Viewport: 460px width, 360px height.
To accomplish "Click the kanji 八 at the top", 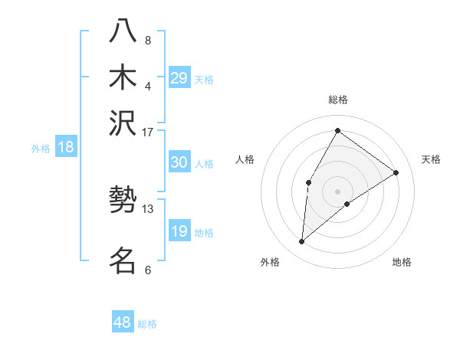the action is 123,31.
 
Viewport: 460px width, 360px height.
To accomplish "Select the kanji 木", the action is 123,77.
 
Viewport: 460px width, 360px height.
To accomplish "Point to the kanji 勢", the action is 123,201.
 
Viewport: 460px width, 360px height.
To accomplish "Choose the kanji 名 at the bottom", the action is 123,260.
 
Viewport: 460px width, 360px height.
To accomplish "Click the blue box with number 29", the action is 179,78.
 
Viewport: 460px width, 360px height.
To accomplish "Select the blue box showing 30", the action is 179,162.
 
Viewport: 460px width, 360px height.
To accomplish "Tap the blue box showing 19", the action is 179,231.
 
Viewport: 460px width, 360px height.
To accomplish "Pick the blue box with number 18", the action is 66,148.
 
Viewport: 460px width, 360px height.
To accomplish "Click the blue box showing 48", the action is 123,322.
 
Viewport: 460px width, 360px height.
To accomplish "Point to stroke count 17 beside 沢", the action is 148,132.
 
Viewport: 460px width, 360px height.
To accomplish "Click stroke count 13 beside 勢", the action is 148,208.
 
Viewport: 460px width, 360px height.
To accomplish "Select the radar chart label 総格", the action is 338,100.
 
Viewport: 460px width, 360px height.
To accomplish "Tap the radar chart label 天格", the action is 431,159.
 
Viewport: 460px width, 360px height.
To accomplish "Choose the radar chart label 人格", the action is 245,159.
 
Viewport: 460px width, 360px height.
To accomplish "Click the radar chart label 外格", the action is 270,262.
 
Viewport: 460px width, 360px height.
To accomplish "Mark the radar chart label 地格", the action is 402,262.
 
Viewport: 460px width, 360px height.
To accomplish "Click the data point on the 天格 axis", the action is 396,172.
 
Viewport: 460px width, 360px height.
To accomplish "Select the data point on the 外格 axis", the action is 302,242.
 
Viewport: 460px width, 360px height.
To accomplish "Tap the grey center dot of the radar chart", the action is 337,191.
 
